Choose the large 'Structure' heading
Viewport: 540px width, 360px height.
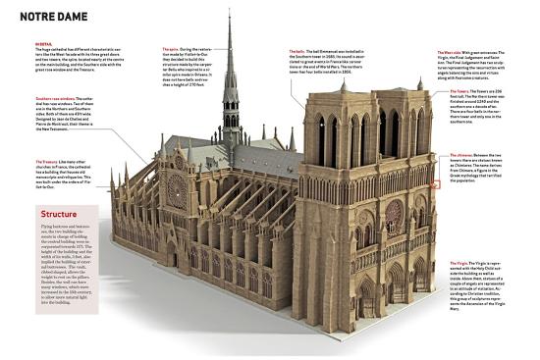[x=60, y=214]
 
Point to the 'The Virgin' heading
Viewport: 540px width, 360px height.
[x=459, y=263]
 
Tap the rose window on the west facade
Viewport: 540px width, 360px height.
[x=393, y=210]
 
